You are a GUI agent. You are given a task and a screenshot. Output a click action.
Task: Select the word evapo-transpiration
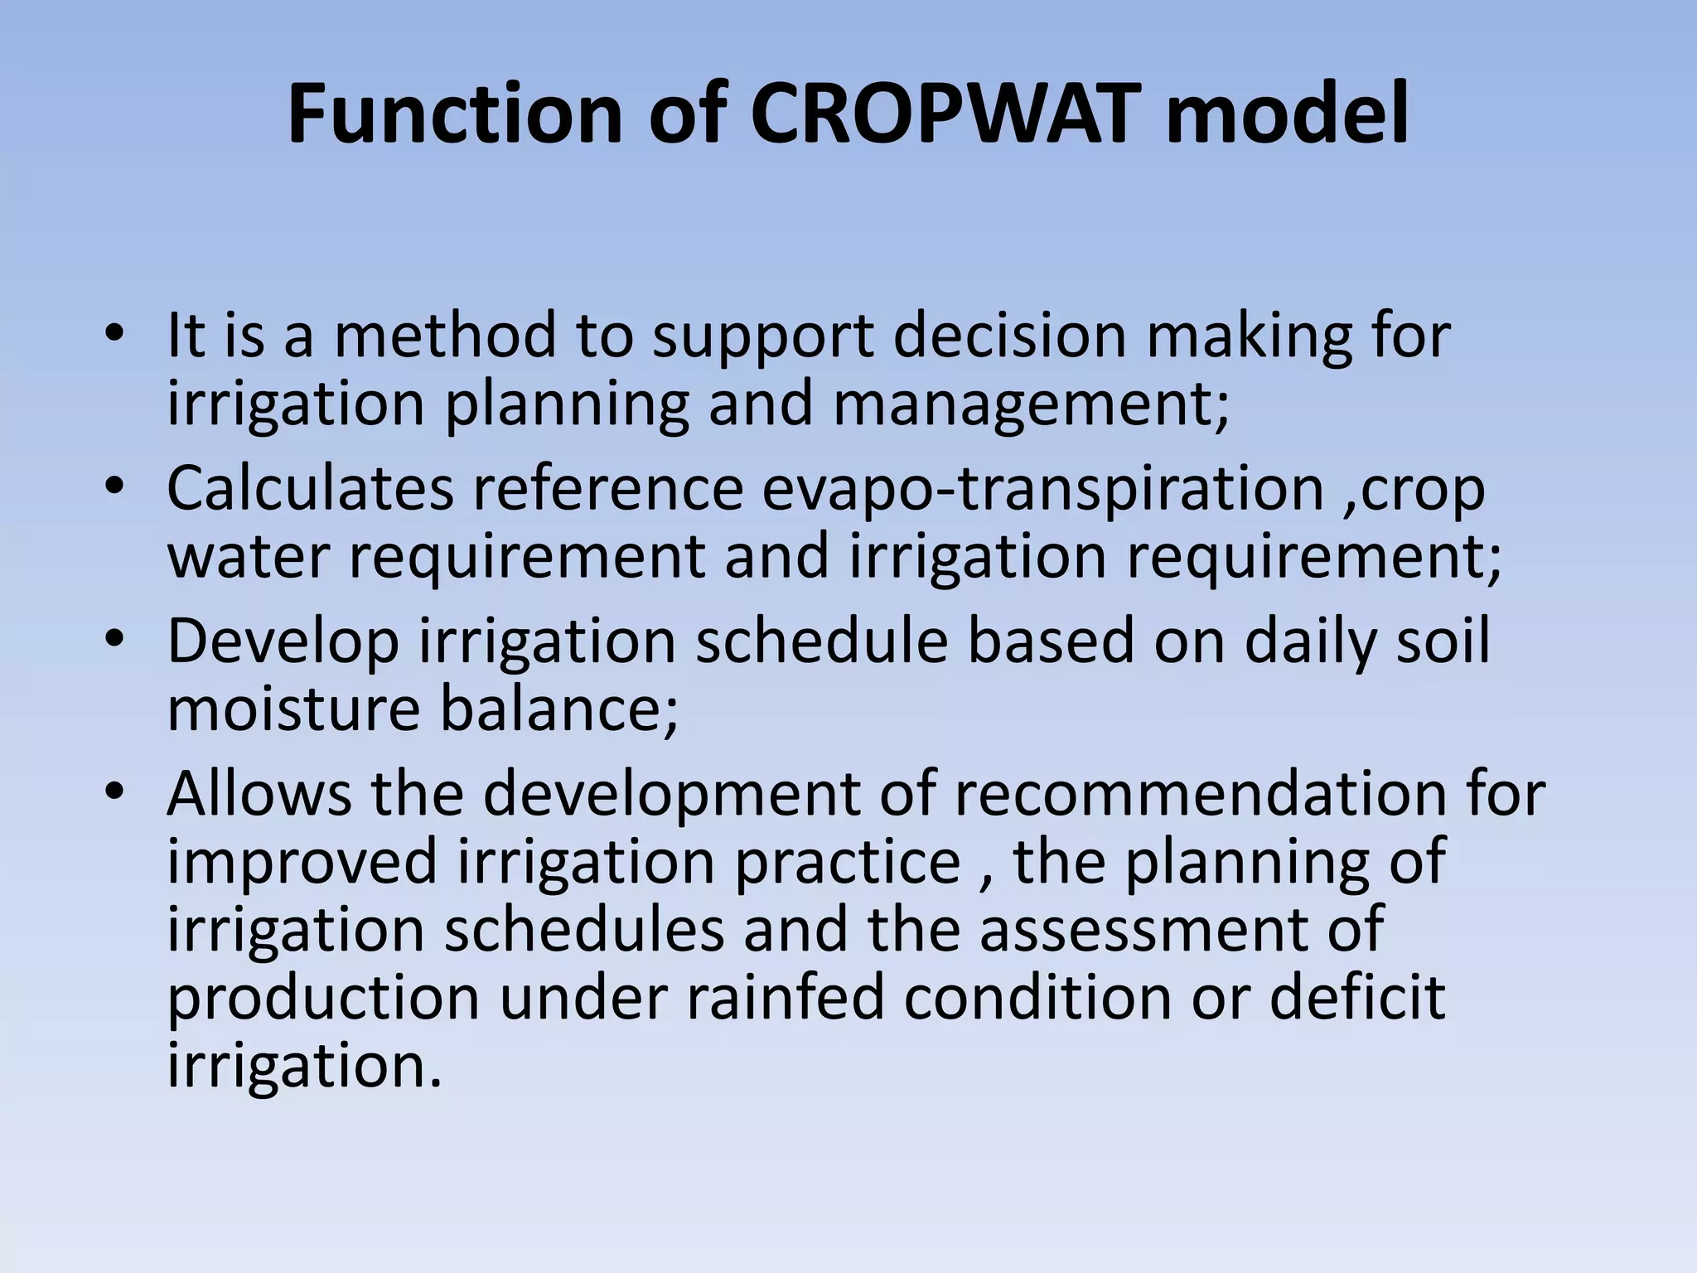(x=1042, y=489)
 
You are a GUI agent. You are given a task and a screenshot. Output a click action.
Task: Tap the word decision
(x=1010, y=335)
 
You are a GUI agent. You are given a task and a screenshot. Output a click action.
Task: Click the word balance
(x=558, y=709)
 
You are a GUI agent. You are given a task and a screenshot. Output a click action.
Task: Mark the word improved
(x=302, y=862)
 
